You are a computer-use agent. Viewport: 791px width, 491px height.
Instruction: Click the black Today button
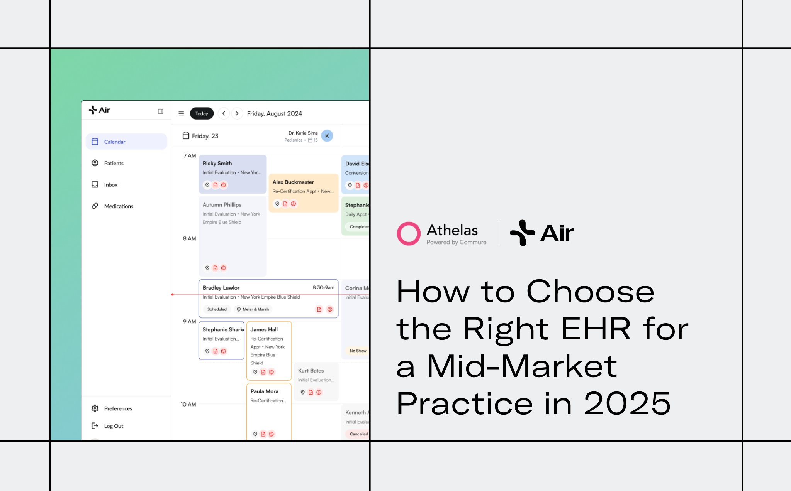pos(202,113)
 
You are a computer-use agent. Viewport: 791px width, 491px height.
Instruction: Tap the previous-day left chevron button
pos(224,113)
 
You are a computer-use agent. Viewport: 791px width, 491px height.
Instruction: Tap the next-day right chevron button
pos(237,113)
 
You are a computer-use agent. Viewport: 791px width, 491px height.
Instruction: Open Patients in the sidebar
pos(114,163)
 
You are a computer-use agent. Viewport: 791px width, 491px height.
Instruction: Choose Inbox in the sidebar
pos(110,185)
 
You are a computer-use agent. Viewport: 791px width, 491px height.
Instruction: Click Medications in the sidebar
pos(118,206)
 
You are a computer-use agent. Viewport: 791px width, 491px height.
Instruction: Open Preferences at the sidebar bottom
pos(118,408)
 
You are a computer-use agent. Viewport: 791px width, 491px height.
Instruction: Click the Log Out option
pos(114,426)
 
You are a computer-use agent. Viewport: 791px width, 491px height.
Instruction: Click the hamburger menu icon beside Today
pos(181,113)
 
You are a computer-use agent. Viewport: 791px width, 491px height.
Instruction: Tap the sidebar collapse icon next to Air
pos(161,111)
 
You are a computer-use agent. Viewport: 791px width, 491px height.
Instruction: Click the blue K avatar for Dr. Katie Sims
pos(327,136)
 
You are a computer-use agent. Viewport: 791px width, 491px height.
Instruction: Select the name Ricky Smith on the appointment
pos(217,163)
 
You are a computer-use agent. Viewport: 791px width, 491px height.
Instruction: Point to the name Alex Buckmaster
pos(293,182)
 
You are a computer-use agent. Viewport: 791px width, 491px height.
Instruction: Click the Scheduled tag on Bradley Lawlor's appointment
pos(217,309)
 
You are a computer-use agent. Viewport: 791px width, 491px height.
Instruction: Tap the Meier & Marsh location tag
pos(253,309)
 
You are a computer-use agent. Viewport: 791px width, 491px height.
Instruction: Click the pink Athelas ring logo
pos(409,233)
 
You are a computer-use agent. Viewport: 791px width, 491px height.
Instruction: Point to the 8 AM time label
pos(189,238)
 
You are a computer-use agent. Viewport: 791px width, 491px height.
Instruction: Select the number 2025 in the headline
pos(627,403)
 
